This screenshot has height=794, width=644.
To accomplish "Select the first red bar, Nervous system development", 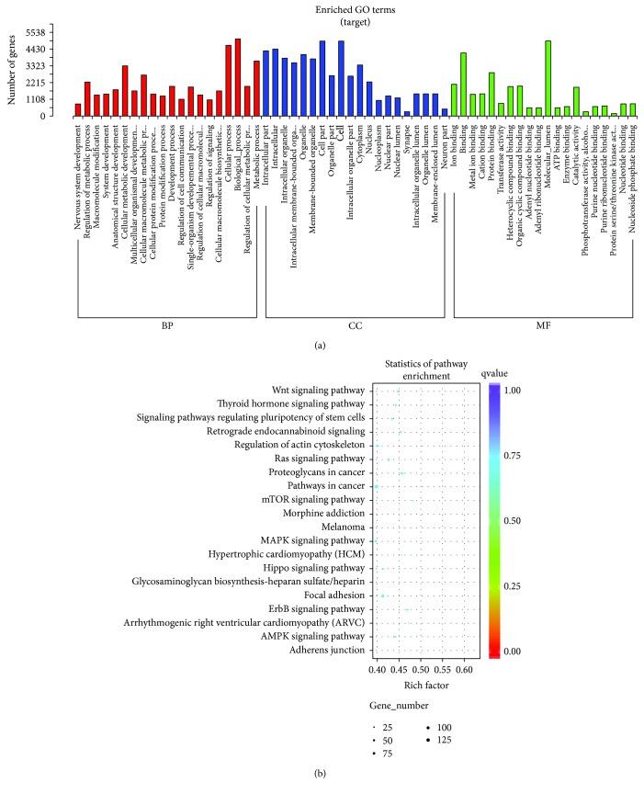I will [x=78, y=109].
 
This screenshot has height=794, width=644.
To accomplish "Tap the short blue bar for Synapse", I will [x=407, y=113].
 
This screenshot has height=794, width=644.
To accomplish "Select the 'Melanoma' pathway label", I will [x=345, y=527].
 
